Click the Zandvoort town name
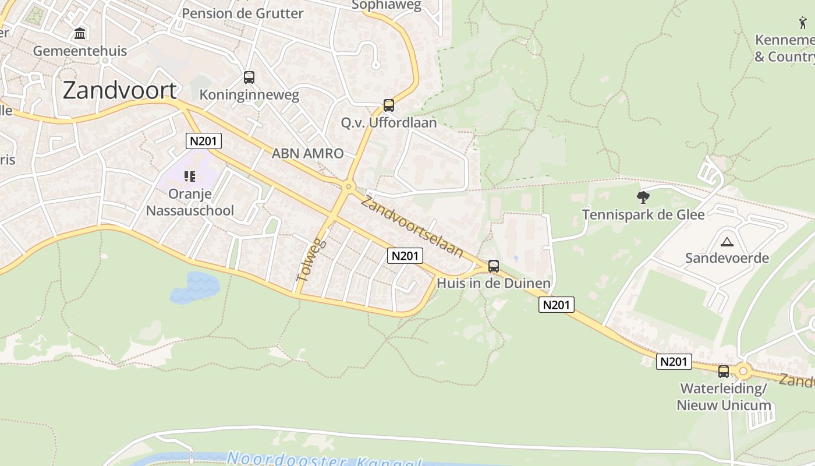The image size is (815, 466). [119, 90]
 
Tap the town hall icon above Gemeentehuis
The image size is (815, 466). [80, 33]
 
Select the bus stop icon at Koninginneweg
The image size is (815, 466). [249, 77]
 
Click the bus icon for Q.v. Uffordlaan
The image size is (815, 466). [389, 105]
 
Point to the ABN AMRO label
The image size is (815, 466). [307, 154]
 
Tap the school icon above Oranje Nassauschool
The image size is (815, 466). [190, 176]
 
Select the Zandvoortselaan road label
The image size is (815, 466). [412, 227]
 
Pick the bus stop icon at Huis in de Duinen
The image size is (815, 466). [494, 266]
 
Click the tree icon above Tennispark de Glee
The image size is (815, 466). [643, 197]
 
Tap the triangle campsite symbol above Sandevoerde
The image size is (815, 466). [727, 242]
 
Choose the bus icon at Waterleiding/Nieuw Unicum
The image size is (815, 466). [724, 371]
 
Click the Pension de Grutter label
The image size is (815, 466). [243, 13]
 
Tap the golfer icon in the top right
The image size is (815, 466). [803, 23]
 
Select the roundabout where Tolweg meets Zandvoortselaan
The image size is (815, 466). [348, 187]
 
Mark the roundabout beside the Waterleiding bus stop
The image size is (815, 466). [743, 371]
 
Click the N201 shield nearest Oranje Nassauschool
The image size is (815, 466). [204, 140]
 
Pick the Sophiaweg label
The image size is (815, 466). [387, 5]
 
